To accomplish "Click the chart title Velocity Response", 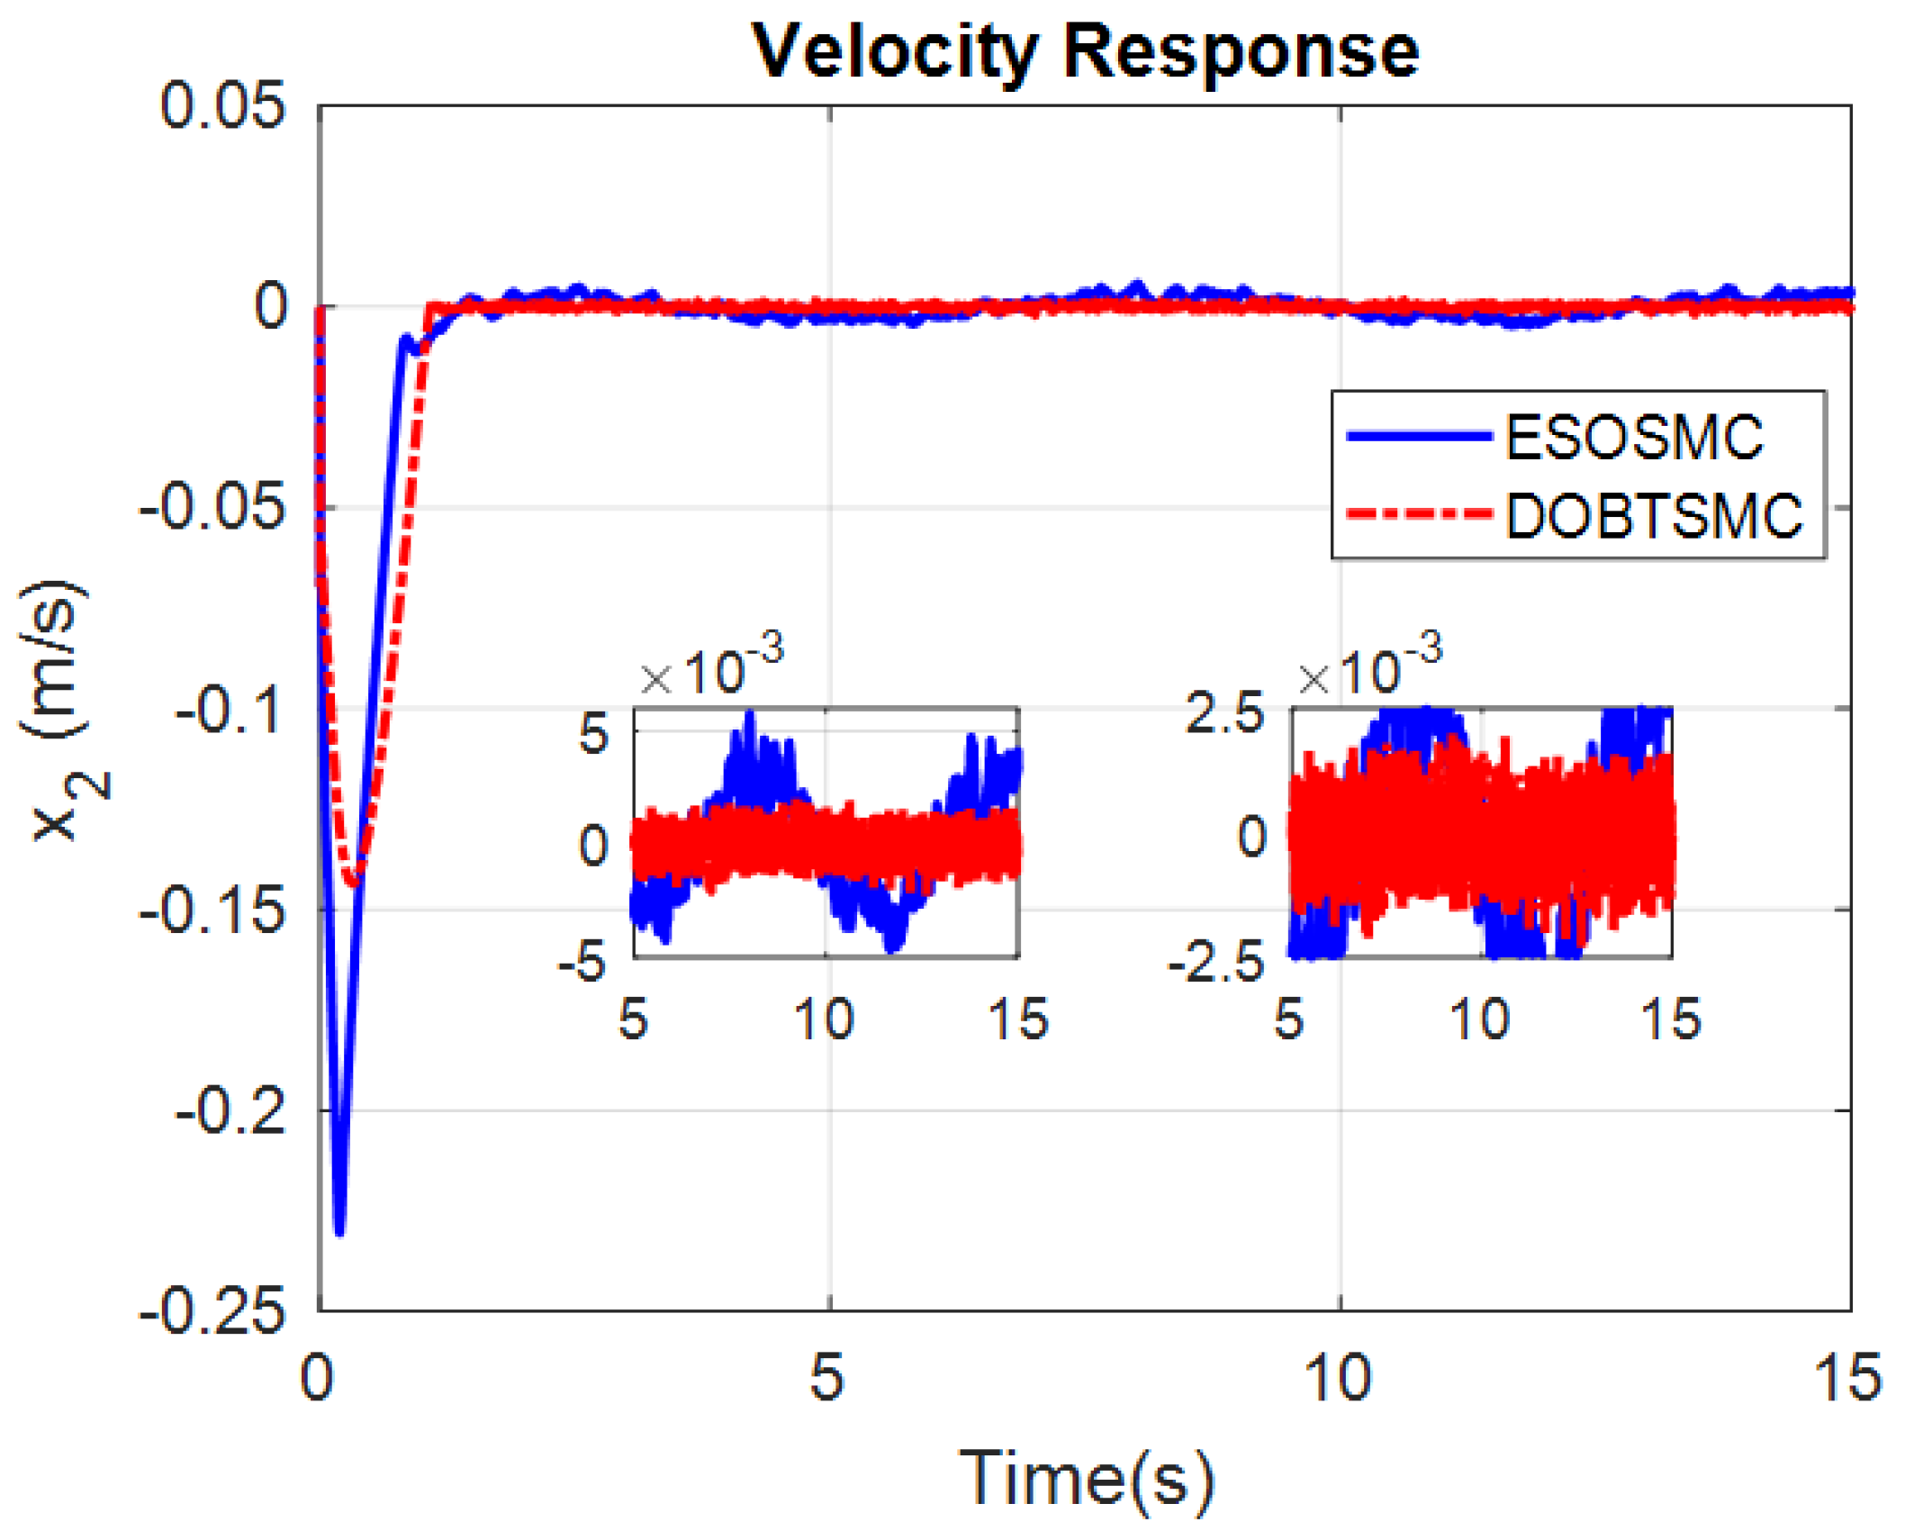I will coord(1084,51).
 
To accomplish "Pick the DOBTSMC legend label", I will coord(1653,516).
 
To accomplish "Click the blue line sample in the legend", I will coord(1417,436).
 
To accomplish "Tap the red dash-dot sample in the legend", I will coord(1417,514).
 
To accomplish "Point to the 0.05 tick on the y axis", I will coord(221,106).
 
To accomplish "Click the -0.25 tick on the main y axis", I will coord(212,1311).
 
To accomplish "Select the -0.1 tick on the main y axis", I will coord(230,711).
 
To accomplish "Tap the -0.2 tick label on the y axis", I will coord(230,1111).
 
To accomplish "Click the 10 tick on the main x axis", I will coord(1338,1377).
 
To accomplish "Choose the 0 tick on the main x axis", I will coord(317,1377).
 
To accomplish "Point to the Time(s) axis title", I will coord(1086,1478).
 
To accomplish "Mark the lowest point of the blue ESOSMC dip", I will coord(339,1232).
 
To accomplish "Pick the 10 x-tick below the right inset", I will coord(1479,1019).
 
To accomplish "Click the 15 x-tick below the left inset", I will coord(1018,1019).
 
